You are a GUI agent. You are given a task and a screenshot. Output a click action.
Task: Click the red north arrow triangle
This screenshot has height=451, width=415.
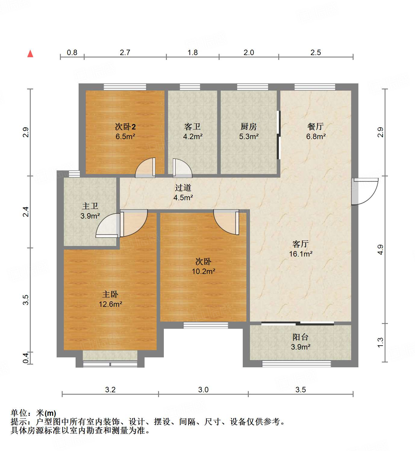click(x=30, y=54)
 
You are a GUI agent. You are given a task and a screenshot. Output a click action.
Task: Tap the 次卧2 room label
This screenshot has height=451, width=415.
click(x=125, y=127)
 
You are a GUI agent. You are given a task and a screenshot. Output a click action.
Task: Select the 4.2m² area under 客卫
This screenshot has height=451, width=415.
click(x=193, y=137)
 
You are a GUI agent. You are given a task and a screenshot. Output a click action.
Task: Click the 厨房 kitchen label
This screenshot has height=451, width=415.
click(x=249, y=127)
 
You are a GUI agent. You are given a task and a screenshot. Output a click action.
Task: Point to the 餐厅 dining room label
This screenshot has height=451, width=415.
click(x=316, y=127)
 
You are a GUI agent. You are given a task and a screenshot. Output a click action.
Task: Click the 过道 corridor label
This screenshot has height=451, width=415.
click(x=183, y=188)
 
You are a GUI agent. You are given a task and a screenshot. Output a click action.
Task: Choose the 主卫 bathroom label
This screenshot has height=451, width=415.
click(x=90, y=206)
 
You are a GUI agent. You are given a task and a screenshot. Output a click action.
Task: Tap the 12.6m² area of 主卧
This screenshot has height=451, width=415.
click(x=111, y=304)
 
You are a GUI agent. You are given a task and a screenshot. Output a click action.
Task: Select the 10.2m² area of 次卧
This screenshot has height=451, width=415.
click(x=204, y=272)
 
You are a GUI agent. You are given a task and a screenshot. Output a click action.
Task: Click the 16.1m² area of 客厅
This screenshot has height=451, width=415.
click(x=301, y=254)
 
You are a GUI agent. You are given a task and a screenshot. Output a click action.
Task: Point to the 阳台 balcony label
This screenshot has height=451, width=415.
click(x=300, y=337)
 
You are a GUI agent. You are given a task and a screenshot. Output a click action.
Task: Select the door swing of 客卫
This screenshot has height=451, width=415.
click(x=182, y=168)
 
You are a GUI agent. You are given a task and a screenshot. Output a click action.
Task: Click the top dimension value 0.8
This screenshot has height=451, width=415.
click(x=72, y=53)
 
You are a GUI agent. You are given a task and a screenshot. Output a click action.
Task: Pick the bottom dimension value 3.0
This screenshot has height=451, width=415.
click(x=203, y=390)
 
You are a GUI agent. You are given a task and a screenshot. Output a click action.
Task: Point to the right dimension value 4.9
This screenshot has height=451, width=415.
click(x=380, y=250)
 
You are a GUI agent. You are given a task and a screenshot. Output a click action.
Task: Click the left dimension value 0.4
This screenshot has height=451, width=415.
click(x=26, y=358)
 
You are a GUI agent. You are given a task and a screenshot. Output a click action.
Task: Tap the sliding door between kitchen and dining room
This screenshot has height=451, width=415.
click(x=279, y=135)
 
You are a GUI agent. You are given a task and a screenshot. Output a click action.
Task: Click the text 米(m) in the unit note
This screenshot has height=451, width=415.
click(x=46, y=413)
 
